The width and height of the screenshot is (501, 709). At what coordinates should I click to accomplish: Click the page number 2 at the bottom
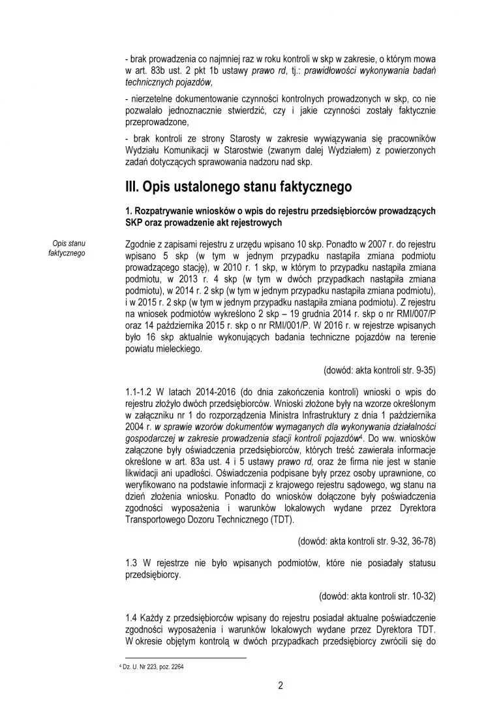[x=280, y=685]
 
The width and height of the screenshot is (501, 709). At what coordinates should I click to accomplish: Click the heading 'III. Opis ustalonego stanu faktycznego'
[x=238, y=187]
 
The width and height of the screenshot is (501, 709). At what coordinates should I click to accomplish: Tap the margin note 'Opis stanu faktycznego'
[x=67, y=248]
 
